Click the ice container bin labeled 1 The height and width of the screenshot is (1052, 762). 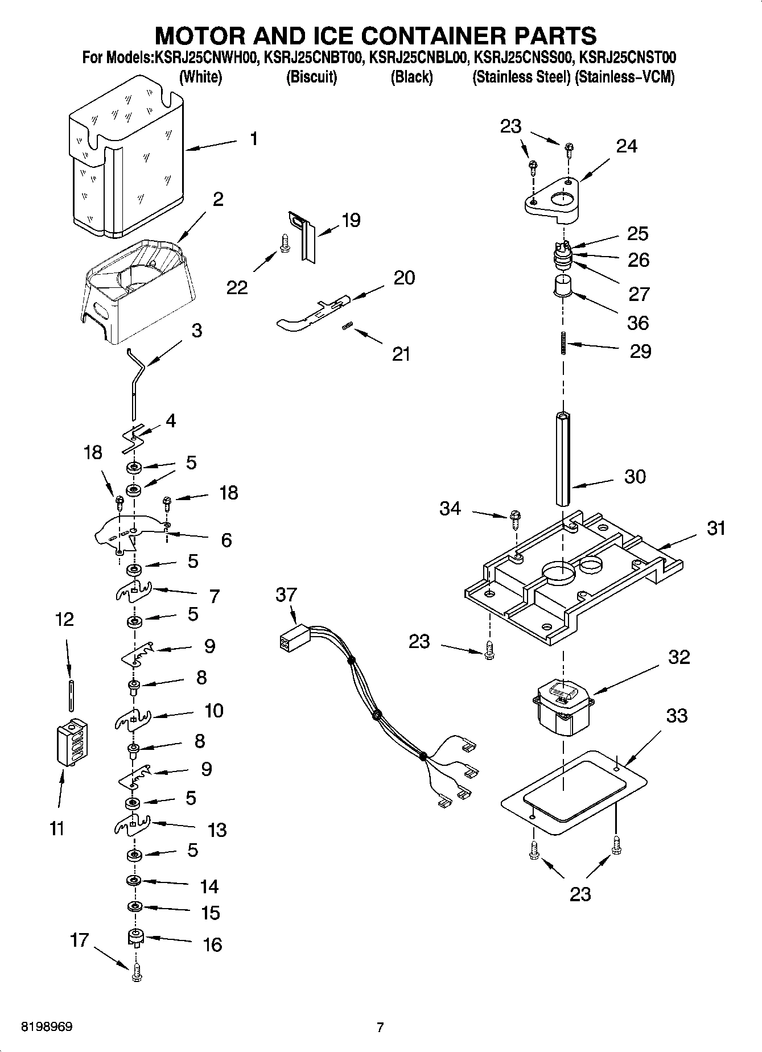[125, 165]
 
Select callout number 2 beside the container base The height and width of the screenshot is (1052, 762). [218, 199]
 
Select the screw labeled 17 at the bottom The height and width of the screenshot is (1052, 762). [135, 974]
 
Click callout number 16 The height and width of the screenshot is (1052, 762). [212, 945]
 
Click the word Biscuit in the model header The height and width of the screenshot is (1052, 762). [311, 77]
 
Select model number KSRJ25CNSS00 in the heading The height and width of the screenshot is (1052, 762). [523, 57]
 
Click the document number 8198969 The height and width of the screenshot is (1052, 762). [47, 1027]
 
